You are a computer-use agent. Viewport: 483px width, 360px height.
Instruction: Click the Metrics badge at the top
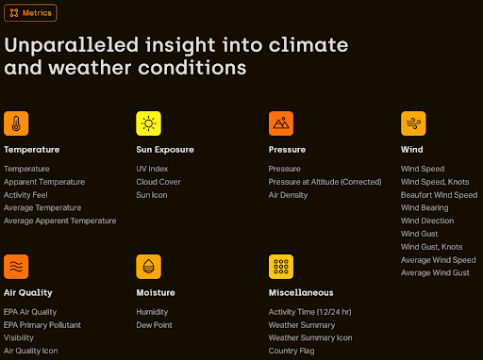[x=31, y=13]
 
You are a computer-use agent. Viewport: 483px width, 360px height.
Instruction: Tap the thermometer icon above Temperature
[x=16, y=123]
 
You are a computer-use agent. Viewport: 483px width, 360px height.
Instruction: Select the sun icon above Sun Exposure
[x=149, y=123]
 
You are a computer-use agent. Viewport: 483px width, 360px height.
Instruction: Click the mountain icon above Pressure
[x=281, y=123]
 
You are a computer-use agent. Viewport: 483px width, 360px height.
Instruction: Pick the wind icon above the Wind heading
[x=413, y=123]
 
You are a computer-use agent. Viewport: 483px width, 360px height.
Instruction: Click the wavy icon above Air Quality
[x=16, y=267]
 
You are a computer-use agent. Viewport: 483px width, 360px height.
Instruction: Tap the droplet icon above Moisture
[x=149, y=267]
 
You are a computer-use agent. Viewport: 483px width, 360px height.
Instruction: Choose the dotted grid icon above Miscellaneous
[x=281, y=267]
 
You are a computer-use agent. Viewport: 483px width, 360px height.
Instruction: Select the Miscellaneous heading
[x=300, y=293]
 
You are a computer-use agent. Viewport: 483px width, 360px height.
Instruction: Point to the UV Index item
[x=152, y=169]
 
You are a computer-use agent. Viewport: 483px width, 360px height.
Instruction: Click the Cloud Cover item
[x=157, y=182]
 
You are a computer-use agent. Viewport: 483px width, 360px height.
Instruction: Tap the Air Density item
[x=288, y=195]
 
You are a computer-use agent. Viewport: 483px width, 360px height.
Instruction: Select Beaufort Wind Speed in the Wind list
[x=438, y=195]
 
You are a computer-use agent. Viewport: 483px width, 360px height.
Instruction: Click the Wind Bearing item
[x=425, y=208]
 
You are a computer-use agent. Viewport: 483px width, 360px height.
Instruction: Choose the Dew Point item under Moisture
[x=154, y=324]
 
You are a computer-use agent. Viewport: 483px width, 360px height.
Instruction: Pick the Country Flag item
[x=291, y=351]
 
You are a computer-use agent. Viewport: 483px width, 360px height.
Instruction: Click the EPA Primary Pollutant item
[x=42, y=324]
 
